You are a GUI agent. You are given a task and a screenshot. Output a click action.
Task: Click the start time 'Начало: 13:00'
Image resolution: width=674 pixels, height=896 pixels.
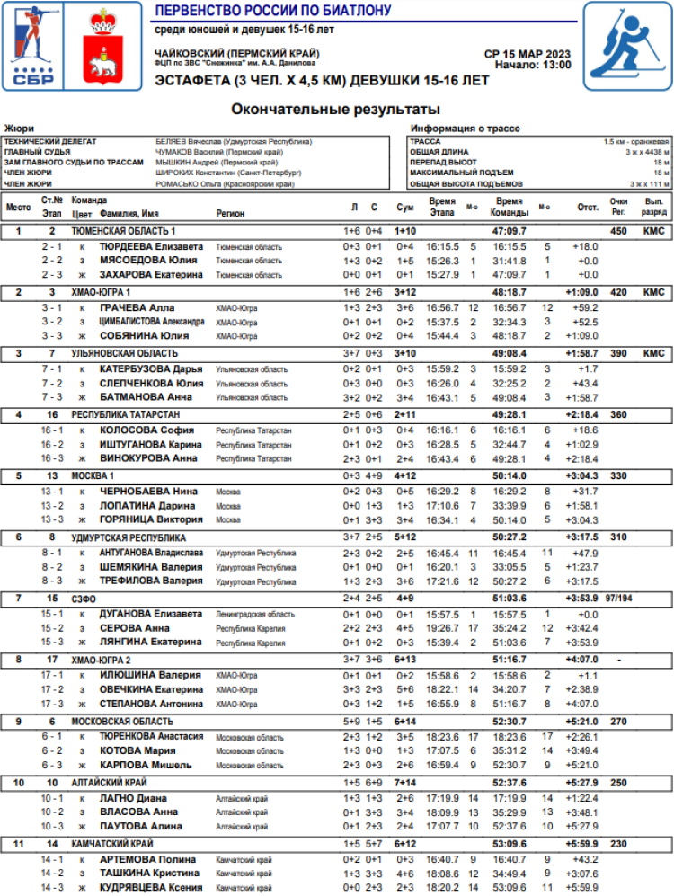click(532, 66)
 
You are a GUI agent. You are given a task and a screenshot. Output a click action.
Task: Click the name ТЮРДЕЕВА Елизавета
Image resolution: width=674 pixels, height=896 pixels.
click(151, 245)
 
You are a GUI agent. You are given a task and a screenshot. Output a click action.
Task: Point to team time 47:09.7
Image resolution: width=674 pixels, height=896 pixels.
click(510, 231)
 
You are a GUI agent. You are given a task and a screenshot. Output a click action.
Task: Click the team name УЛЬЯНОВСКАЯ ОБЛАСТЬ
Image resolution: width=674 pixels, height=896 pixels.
click(125, 353)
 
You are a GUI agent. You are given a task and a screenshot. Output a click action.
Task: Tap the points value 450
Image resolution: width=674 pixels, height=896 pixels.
click(617, 231)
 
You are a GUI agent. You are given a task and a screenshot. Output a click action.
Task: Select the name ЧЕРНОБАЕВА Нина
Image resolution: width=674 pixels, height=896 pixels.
click(147, 491)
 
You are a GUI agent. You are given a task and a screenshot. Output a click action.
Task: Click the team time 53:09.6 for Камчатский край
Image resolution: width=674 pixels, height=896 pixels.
click(510, 844)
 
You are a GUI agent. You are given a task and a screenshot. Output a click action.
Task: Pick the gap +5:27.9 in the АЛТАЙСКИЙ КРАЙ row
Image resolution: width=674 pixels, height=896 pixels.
click(582, 783)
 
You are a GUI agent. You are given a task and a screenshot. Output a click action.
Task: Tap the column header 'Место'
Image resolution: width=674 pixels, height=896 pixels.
click(18, 207)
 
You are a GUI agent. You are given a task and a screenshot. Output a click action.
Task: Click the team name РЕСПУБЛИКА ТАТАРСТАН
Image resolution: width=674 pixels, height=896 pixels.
click(126, 414)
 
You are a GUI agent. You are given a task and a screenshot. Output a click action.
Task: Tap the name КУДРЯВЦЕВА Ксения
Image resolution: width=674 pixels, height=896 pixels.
click(152, 888)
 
